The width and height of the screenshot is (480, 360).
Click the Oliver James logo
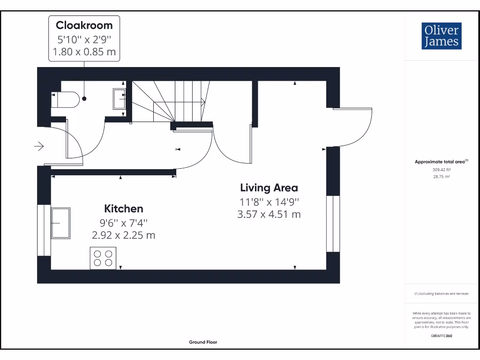[x=441, y=36]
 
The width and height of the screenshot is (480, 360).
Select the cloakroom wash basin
[x=119, y=99]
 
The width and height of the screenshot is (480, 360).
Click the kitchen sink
[x=60, y=223]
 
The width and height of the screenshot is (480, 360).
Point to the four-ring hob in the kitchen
[x=103, y=258]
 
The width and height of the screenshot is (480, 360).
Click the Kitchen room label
[x=123, y=209]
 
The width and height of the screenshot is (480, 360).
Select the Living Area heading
[x=269, y=188]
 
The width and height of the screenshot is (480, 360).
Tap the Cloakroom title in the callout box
[x=84, y=25]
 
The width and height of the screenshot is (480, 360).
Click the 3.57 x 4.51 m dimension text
[x=269, y=215]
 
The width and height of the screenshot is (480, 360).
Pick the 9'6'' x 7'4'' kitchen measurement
[x=123, y=223]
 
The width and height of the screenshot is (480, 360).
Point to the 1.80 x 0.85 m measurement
[x=84, y=52]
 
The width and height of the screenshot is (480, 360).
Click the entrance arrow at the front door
[x=39, y=147]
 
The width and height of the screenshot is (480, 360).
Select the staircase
[x=169, y=101]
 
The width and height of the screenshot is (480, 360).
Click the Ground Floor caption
[x=203, y=342]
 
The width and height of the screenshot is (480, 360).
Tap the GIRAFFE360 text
[x=441, y=336]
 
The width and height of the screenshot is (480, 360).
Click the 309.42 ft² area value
[x=441, y=170]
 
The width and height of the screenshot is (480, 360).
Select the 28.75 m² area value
[x=441, y=177]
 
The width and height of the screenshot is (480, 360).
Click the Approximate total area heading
[x=441, y=162]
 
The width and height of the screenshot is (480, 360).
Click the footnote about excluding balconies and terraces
[x=441, y=293]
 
